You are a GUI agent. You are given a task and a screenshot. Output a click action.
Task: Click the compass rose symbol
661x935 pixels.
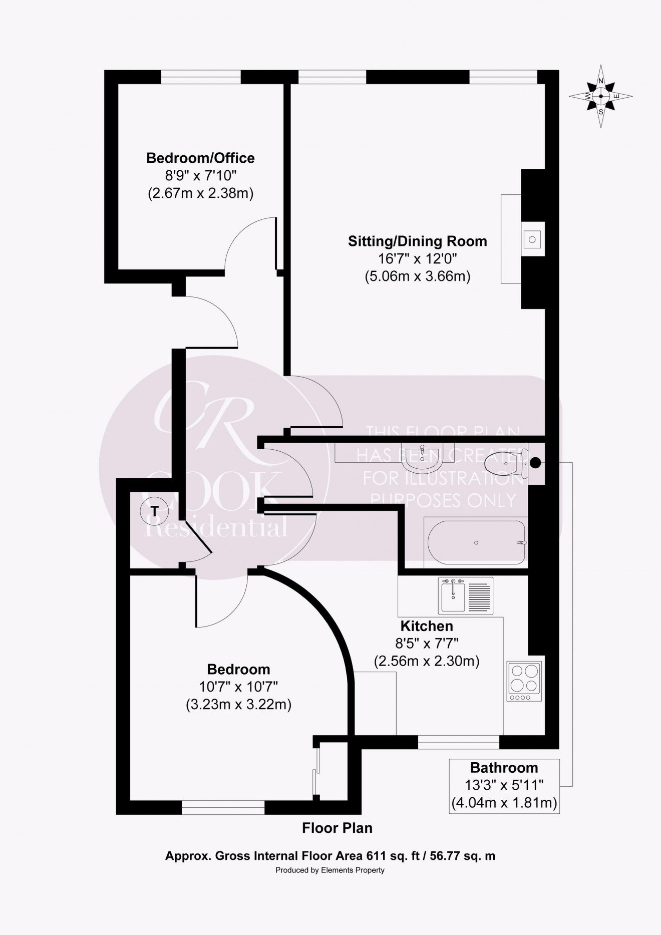tap(600, 97)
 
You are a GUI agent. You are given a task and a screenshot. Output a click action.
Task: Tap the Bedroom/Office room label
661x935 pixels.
tap(200, 158)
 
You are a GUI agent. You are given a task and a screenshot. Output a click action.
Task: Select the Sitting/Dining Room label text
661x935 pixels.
tap(417, 241)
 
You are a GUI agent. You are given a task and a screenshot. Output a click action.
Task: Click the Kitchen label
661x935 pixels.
tap(427, 626)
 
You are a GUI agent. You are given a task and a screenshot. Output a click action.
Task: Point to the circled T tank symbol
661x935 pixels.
tap(155, 511)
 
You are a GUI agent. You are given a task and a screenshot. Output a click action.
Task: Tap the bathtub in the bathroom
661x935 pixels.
tap(476, 542)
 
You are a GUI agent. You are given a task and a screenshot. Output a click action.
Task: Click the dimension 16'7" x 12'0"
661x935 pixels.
tap(417, 259)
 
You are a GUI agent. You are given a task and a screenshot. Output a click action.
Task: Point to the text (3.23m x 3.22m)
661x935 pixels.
tap(238, 705)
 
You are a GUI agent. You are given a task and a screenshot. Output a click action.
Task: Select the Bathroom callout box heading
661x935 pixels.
tap(504, 768)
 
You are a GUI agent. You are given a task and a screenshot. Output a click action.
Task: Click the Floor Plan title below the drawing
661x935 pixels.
tap(337, 828)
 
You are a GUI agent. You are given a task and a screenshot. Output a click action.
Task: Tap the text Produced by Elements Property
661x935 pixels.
tap(330, 870)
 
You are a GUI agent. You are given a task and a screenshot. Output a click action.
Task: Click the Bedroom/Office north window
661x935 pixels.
tap(201, 77)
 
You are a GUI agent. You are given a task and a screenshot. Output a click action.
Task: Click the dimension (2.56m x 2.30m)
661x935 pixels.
tap(427, 662)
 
